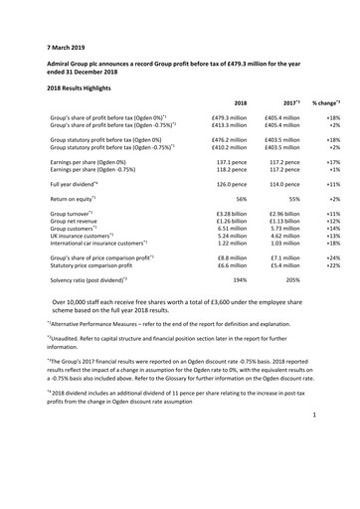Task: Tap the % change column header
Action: tap(324, 102)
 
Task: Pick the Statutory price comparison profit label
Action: tap(102, 265)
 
